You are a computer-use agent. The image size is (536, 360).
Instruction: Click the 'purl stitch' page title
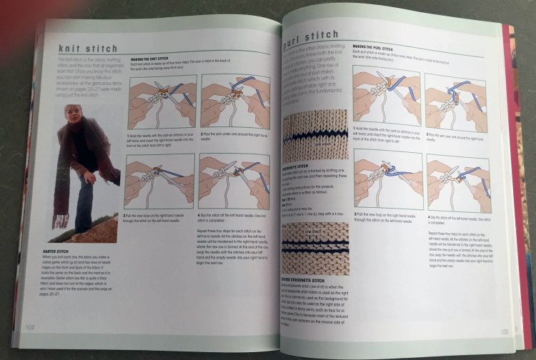(312, 36)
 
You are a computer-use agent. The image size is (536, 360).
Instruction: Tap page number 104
(30, 326)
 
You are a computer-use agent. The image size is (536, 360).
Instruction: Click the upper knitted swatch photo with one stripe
(314, 135)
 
